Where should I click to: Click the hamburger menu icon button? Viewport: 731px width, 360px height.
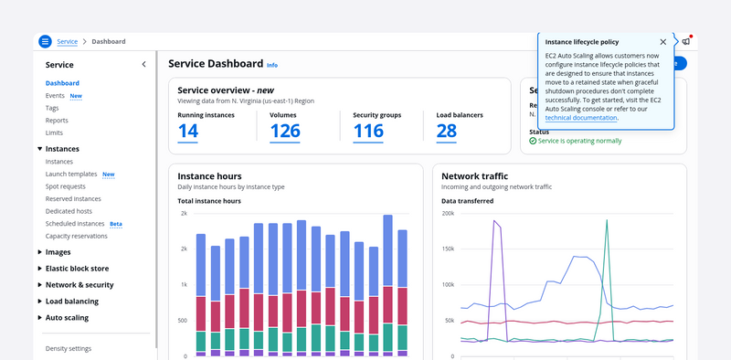(x=45, y=41)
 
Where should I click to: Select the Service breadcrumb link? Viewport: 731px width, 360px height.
(x=67, y=41)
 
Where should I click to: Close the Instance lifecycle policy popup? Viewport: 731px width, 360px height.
(x=663, y=42)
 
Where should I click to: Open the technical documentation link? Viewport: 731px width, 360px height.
(x=581, y=118)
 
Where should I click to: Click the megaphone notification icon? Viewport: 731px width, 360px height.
(x=686, y=41)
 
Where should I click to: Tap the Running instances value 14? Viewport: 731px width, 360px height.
(x=188, y=132)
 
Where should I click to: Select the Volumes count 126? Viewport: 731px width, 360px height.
(x=285, y=132)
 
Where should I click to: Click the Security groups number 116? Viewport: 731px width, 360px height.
(x=368, y=132)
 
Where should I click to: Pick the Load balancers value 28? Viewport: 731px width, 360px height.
(x=447, y=132)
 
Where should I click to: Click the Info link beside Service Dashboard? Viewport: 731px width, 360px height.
(x=272, y=65)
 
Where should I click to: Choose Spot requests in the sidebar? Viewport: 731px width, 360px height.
(x=65, y=186)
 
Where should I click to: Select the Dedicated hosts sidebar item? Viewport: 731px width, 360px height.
(x=69, y=211)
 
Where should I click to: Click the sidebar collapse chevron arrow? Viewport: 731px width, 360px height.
(x=143, y=64)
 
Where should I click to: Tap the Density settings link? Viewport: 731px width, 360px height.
(x=68, y=349)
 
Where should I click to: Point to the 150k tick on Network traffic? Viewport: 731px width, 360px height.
(x=448, y=249)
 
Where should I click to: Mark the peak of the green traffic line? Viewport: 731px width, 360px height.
(x=607, y=219)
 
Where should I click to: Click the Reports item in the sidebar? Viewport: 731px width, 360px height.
(x=57, y=121)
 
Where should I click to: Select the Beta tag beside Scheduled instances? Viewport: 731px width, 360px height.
(x=116, y=224)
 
